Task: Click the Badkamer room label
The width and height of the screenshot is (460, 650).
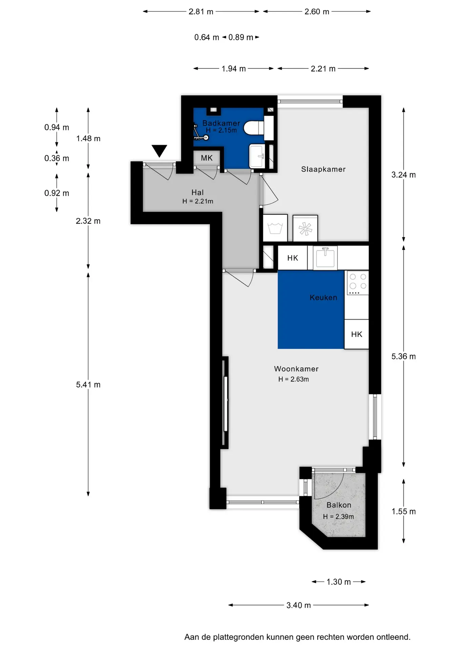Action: point(221,123)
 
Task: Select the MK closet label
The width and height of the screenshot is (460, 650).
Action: point(207,158)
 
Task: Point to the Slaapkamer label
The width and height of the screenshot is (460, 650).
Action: point(323,169)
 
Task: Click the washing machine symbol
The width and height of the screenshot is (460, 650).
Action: point(275,228)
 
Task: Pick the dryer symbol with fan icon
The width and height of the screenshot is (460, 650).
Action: point(305,229)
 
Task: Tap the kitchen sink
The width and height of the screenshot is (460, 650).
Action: point(325,258)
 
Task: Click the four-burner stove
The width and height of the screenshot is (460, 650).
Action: point(357,283)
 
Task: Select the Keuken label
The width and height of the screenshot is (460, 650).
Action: point(323,298)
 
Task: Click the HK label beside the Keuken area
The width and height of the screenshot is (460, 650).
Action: point(357,334)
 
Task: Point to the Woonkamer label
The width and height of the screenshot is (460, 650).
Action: point(296,369)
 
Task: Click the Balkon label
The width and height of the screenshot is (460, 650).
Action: point(339,505)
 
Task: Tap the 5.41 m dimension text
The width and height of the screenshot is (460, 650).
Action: point(88,385)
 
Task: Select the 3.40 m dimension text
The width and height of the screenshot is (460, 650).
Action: point(298,605)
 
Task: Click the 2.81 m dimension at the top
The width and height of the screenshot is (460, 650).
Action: point(201,12)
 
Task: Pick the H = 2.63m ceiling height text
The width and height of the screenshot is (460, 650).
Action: point(294,379)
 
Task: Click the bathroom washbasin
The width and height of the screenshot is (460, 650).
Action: point(257,156)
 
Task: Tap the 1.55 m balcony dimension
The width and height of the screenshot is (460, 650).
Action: point(403,511)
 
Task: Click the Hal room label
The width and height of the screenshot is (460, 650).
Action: point(197,192)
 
